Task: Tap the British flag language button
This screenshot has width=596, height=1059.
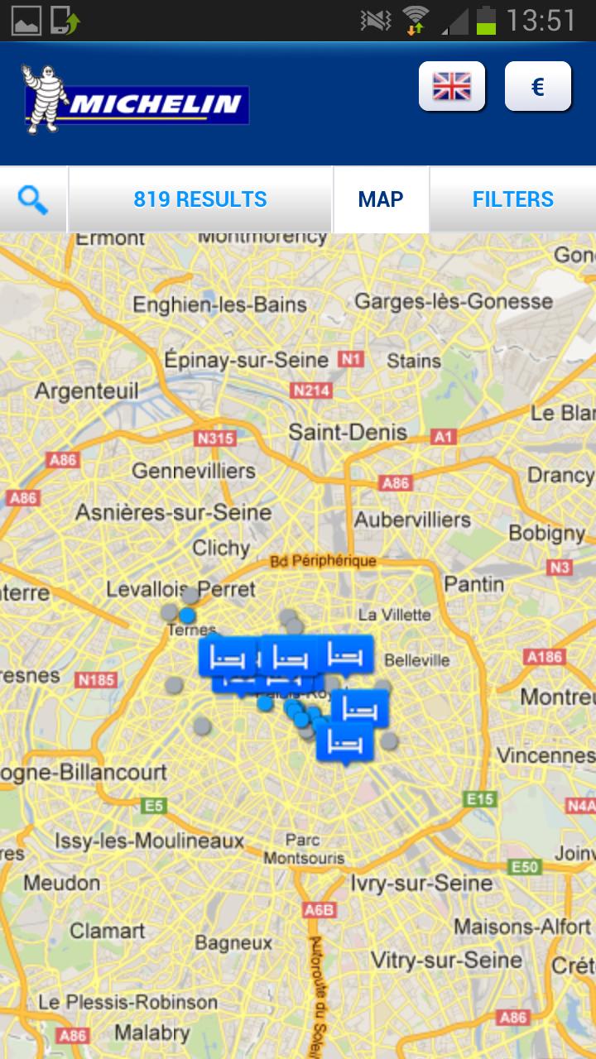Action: pos(451,86)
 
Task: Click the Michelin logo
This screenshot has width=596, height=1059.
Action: pos(136,101)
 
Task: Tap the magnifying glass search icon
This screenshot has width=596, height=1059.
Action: pos(32,199)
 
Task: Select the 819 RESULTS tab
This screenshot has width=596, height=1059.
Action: pos(200,199)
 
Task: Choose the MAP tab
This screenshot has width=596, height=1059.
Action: pos(381,199)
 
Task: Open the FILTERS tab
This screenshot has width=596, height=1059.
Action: pos(512,199)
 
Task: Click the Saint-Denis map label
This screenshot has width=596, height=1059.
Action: pos(348,432)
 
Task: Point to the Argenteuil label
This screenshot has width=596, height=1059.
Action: pos(86,391)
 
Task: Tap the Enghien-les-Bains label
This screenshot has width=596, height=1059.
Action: pos(220,304)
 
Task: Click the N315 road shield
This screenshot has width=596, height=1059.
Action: pos(214,438)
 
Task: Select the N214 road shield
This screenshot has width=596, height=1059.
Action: pos(311,391)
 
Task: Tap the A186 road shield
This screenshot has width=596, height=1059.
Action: pos(544,657)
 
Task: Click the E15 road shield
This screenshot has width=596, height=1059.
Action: pos(480,798)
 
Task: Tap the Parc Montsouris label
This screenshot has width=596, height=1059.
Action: pos(304,849)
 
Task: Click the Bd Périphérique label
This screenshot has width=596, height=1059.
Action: pos(323,561)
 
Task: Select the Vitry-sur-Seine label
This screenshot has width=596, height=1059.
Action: pos(446,960)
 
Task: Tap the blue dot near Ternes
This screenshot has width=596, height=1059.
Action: pos(188,616)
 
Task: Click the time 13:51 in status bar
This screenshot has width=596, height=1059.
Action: pos(541,21)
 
